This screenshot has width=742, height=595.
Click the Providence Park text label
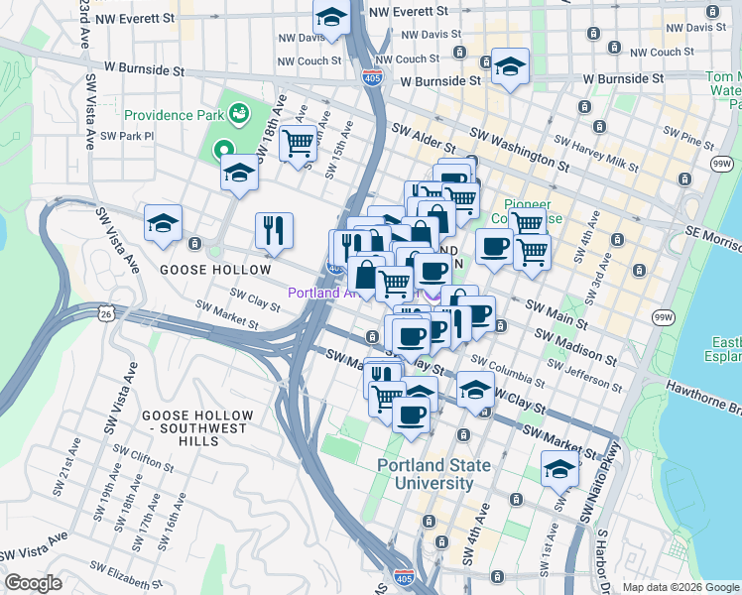click(173, 114)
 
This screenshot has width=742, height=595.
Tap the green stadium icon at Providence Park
click(238, 114)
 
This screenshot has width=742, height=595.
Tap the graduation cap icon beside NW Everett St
click(330, 17)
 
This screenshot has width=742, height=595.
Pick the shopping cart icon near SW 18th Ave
click(298, 144)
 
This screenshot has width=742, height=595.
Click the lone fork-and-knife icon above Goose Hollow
click(274, 230)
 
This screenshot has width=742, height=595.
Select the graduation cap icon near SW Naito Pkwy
click(559, 469)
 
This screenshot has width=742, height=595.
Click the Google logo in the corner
click(34, 583)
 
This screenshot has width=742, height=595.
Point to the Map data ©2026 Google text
click(680, 587)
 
